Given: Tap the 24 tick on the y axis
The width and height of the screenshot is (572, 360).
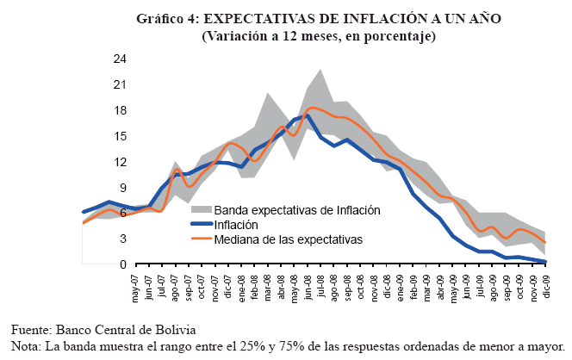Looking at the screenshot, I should click(x=120, y=59).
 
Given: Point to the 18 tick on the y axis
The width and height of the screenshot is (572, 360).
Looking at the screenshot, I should click(x=120, y=110).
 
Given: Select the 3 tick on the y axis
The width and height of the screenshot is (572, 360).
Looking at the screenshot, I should click(x=123, y=239).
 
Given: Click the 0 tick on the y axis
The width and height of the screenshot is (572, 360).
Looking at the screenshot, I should click(x=123, y=264).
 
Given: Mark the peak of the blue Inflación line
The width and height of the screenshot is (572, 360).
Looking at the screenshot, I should click(x=308, y=115).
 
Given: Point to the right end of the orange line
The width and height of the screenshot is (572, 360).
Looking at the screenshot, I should click(x=545, y=243).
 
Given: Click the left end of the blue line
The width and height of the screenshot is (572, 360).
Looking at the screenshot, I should click(x=84, y=211).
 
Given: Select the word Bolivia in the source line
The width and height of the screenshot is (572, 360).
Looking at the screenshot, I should click(x=176, y=330).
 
